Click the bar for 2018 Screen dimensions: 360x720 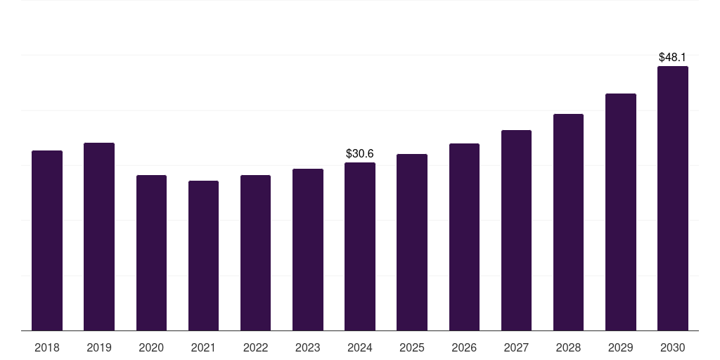tap(47, 240)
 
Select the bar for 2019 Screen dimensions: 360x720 tap(99, 236)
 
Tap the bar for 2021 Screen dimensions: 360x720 tap(203, 255)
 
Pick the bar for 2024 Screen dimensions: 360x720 tap(360, 246)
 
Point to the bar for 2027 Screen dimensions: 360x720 tap(516, 230)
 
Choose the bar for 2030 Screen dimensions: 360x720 tap(673, 198)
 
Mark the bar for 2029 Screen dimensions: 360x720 tap(621, 212)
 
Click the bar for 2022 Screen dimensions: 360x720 tap(255, 252)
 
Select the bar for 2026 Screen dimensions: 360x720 tap(464, 237)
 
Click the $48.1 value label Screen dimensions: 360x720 tap(673, 57)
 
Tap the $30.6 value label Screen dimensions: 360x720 tap(360, 153)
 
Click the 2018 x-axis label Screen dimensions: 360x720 tap(47, 348)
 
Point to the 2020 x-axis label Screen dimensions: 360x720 tap(151, 348)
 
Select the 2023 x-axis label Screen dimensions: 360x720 tap(308, 348)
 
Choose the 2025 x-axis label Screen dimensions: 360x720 tap(412, 348)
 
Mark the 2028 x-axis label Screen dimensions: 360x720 tap(568, 348)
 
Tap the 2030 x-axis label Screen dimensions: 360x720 tap(673, 348)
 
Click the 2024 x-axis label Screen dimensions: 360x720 tap(360, 348)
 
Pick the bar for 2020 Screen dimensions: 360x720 tap(151, 252)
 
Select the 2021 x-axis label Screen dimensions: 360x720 tap(203, 348)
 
